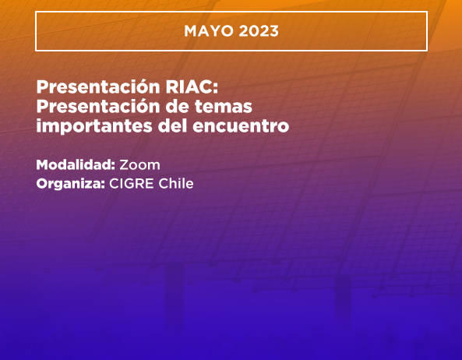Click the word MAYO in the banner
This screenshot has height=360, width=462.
tap(209, 31)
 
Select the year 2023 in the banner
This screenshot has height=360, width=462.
tap(259, 31)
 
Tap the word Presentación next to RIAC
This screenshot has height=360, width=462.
tap(98, 86)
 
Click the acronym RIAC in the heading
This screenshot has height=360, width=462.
tap(189, 86)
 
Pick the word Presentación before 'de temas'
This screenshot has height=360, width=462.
tap(98, 106)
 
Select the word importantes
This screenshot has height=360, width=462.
tap(94, 126)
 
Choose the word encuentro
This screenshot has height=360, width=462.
tap(241, 126)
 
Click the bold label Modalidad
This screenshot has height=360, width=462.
tap(73, 164)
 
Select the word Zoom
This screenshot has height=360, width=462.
tap(139, 165)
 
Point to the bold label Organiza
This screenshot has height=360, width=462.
tap(69, 184)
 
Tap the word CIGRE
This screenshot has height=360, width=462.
tap(132, 184)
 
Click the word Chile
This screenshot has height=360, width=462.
tap(176, 184)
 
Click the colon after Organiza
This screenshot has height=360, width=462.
tap(103, 185)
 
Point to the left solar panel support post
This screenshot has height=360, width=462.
tap(175, 295)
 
